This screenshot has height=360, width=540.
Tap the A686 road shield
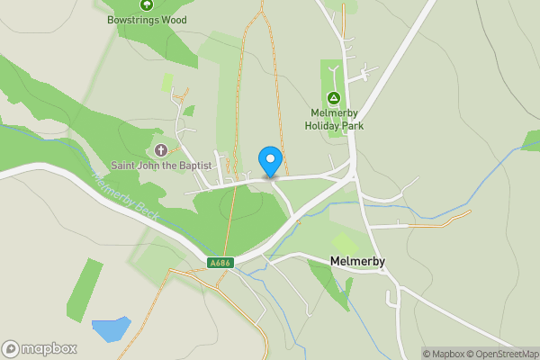[x=220, y=263]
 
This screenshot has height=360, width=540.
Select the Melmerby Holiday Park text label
[x=333, y=119]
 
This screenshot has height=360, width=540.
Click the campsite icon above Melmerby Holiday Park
[x=333, y=97]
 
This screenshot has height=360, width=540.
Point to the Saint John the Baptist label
[x=161, y=166]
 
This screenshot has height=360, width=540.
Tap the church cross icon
[x=161, y=149]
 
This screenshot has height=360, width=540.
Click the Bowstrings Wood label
[x=146, y=19]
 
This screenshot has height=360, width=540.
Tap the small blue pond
[x=111, y=328]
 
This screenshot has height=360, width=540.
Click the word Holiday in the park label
[x=324, y=125]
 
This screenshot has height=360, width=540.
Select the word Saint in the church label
[x=124, y=166]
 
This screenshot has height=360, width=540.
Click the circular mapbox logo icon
[x=11, y=349]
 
